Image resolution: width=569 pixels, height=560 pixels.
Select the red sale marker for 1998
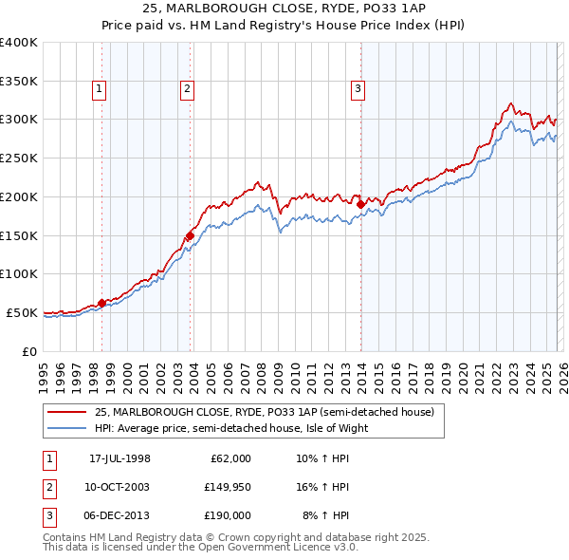pyautogui.click(x=101, y=303)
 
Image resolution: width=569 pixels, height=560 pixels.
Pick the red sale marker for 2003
pyautogui.click(x=190, y=235)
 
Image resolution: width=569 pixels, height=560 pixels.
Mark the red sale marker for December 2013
pyautogui.click(x=360, y=204)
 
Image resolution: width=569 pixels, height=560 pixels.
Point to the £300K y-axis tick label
pyautogui.click(x=19, y=120)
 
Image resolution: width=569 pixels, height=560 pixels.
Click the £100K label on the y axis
pyautogui.click(x=19, y=273)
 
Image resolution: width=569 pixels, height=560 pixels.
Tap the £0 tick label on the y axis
pyautogui.click(x=28, y=351)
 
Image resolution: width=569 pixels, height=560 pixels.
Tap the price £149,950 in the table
pyautogui.click(x=227, y=487)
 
